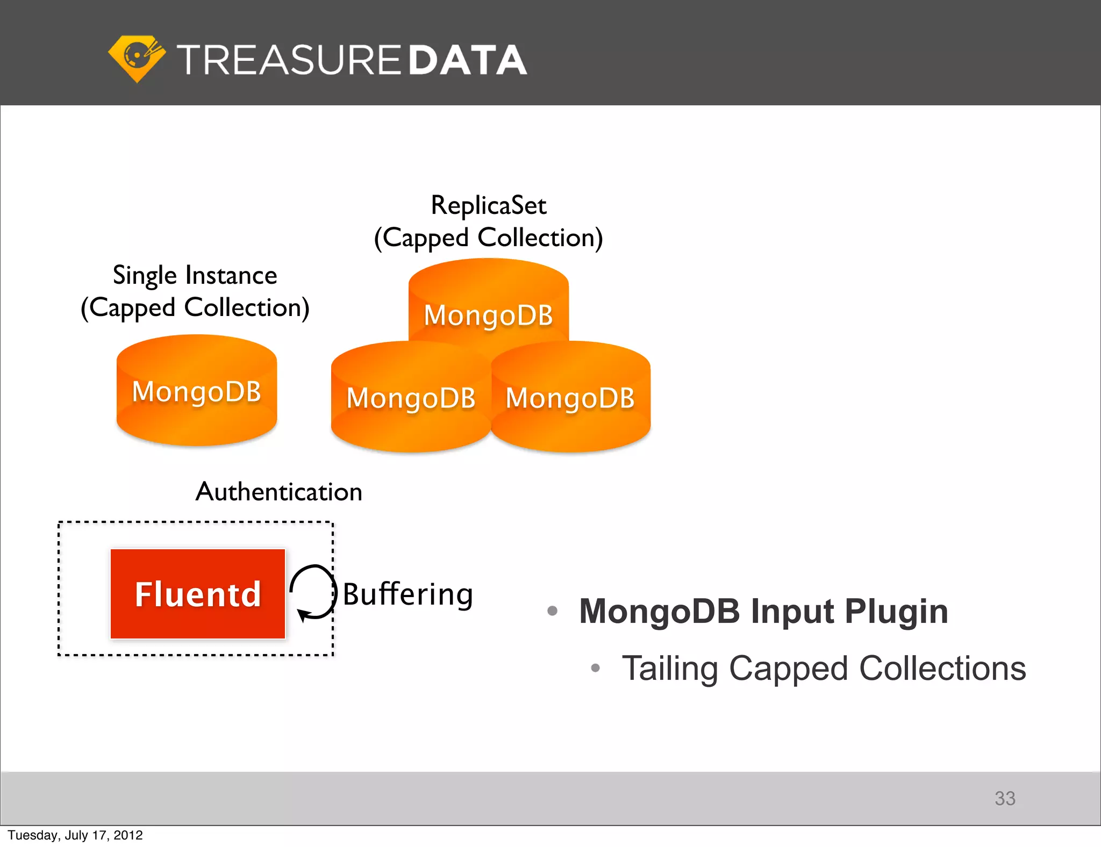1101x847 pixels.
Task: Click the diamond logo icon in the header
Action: [136, 58]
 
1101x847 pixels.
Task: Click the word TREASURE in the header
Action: [289, 60]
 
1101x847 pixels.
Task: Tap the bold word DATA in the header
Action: [467, 60]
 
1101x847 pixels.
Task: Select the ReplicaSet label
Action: [488, 205]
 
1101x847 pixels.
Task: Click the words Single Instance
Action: [195, 275]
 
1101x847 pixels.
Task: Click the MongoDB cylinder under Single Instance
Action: [197, 391]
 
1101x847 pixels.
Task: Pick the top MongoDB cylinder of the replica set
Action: [488, 306]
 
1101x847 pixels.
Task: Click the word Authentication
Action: [278, 492]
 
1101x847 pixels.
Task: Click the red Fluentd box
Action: [198, 594]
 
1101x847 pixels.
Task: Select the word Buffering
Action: [407, 594]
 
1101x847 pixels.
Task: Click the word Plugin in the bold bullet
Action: [896, 612]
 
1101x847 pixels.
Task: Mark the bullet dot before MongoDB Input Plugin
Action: [552, 611]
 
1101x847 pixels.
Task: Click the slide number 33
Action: [1004, 798]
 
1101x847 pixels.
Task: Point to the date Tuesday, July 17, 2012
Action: [75, 835]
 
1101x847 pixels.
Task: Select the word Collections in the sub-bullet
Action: [942, 669]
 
